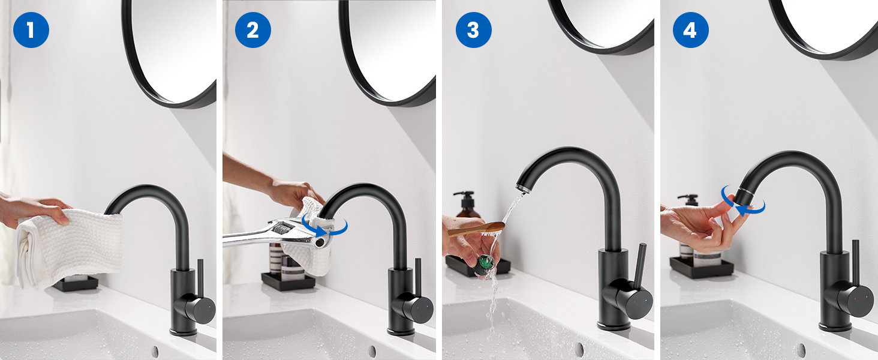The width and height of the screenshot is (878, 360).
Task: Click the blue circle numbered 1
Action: pyautogui.click(x=31, y=30)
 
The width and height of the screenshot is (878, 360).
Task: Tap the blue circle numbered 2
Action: pyautogui.click(x=253, y=30)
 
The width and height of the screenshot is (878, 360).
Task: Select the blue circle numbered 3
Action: pyautogui.click(x=474, y=30)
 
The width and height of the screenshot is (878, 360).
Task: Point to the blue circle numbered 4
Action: pyautogui.click(x=691, y=30)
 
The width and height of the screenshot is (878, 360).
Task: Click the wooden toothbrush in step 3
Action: pyautogui.click(x=476, y=229)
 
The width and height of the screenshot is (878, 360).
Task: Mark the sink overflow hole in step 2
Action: pyautogui.click(x=372, y=350)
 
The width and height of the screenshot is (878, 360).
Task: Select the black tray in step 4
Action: pyautogui.click(x=701, y=269)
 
